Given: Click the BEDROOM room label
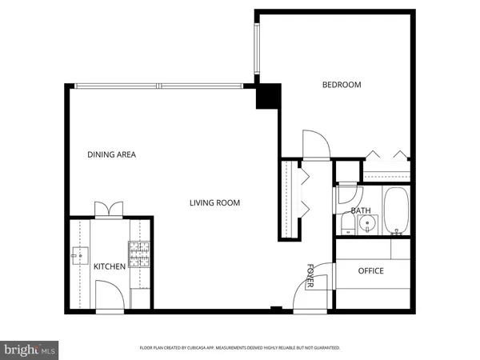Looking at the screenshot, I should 342,85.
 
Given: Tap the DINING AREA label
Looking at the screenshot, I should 111,155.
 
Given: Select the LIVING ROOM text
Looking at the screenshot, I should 214,203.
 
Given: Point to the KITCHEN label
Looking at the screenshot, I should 110,266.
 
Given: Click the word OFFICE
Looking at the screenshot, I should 370,271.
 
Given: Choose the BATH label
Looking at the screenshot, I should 361,211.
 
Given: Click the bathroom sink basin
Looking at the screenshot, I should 366,223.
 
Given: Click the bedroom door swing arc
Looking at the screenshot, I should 315,143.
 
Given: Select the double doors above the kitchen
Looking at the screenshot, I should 108,209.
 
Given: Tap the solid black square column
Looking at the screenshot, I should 266,96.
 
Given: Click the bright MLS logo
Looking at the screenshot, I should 30,349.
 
